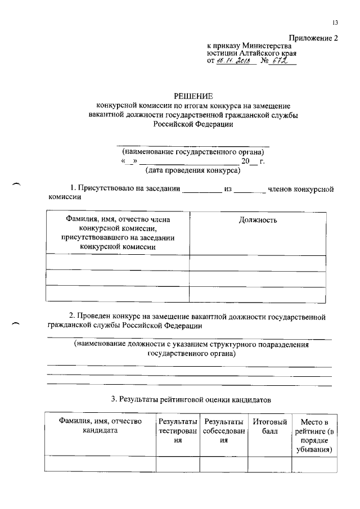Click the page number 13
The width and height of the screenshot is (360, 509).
[x=335, y=22]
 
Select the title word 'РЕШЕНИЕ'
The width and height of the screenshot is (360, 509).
[x=193, y=97]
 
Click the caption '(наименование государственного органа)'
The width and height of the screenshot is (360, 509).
[x=193, y=152]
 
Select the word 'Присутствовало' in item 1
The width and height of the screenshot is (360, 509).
[x=105, y=189]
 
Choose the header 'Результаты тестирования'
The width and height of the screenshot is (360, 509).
[x=178, y=431]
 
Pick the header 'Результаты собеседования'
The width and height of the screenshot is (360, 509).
[x=224, y=431]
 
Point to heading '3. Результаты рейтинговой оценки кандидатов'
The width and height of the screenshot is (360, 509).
[x=191, y=400]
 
